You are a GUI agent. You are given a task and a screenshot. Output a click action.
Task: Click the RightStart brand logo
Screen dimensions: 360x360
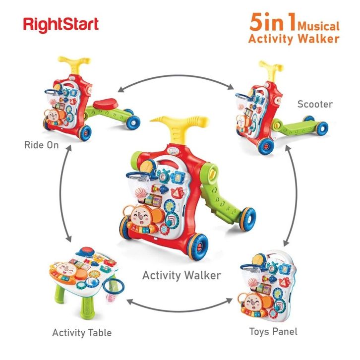point(61,25)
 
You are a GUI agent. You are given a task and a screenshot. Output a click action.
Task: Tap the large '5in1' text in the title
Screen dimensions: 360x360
point(273,22)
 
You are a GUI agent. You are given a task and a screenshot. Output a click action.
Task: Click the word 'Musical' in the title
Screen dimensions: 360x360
point(318,26)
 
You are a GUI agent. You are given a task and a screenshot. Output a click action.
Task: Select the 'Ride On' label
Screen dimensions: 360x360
point(42,145)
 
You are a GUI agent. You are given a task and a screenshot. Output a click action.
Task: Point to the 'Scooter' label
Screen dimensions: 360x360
point(315,104)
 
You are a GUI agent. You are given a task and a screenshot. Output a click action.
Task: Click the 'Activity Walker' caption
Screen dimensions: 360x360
point(181,275)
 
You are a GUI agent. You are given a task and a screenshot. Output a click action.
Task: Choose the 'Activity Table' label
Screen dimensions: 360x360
point(82,333)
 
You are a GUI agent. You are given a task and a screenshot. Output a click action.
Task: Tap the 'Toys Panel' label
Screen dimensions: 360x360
point(273,332)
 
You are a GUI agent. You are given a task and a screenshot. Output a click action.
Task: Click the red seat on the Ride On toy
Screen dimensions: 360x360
point(106,103)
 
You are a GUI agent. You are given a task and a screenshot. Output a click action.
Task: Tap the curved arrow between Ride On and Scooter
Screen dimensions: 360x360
point(176,75)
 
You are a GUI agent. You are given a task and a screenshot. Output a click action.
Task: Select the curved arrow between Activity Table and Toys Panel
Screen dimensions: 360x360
point(180,311)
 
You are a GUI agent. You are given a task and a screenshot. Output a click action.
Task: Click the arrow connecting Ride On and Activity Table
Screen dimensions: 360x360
point(61,193)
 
